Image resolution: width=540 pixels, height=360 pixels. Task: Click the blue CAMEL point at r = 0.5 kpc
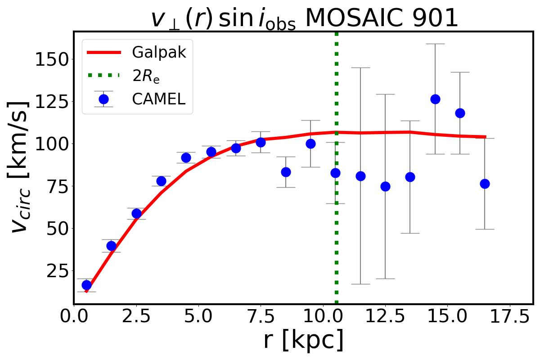pyautogui.click(x=86, y=285)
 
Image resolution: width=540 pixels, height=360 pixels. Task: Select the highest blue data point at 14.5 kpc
pyautogui.click(x=435, y=99)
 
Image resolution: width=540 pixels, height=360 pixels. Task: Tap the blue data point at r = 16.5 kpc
pyautogui.click(x=485, y=184)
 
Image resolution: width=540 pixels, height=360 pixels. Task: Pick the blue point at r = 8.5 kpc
pyautogui.click(x=286, y=172)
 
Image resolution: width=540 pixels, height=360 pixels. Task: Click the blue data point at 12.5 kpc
pyautogui.click(x=385, y=186)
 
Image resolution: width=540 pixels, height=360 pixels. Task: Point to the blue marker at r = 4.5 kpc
pyautogui.click(x=186, y=157)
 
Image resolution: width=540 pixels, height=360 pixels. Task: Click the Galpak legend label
pyautogui.click(x=159, y=53)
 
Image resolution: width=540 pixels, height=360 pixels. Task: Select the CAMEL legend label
pyautogui.click(x=158, y=99)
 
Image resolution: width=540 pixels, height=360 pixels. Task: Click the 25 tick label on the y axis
pyautogui.click(x=53, y=270)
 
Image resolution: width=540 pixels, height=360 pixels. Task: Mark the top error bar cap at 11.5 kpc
pyautogui.click(x=360, y=67)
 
